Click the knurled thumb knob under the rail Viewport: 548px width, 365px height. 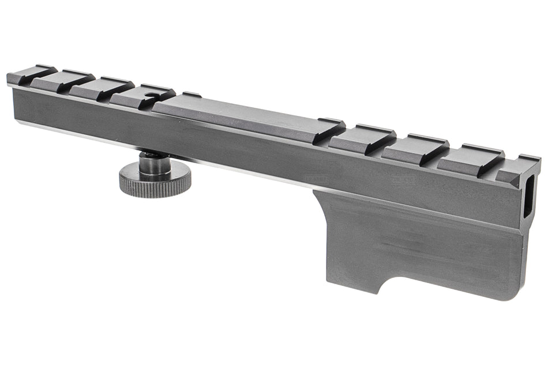pyautogui.click(x=155, y=183)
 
